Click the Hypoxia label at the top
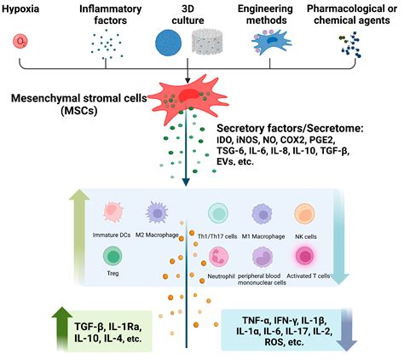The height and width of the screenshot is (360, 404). (x=26, y=10)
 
